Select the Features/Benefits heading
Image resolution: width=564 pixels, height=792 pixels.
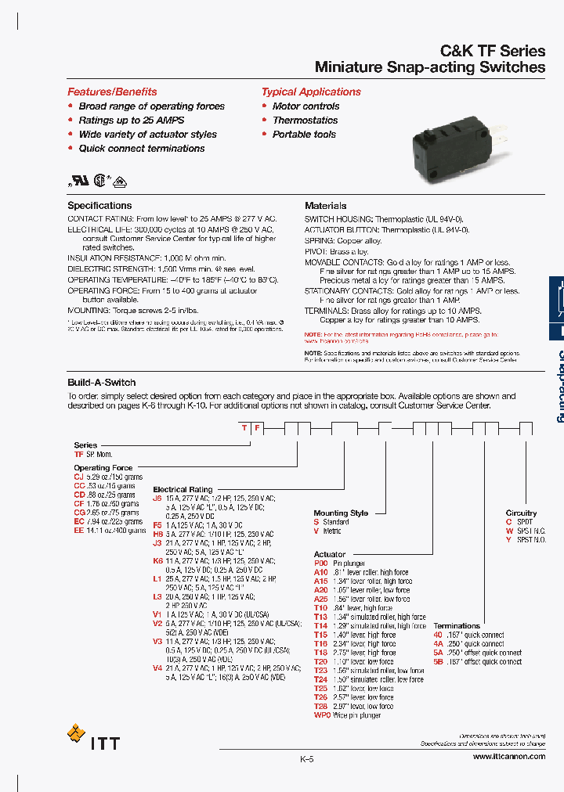[112, 92]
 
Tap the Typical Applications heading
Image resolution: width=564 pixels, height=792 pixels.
[311, 92]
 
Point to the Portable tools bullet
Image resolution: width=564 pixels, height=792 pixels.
[304, 135]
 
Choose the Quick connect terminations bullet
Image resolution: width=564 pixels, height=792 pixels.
[141, 149]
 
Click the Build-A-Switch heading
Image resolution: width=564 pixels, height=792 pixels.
[102, 383]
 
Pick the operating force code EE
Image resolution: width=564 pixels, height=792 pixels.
[78, 531]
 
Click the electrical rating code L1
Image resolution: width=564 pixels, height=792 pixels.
[157, 578]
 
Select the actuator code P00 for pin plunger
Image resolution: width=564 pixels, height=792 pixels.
[320, 563]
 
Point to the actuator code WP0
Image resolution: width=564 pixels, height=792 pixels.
[322, 715]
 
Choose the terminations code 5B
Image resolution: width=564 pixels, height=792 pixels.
[439, 661]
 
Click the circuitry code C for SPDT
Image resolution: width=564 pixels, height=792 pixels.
[508, 521]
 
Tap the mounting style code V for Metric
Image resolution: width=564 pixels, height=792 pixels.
[316, 531]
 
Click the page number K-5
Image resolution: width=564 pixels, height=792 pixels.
[306, 759]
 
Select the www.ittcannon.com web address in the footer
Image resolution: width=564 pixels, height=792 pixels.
[508, 757]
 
